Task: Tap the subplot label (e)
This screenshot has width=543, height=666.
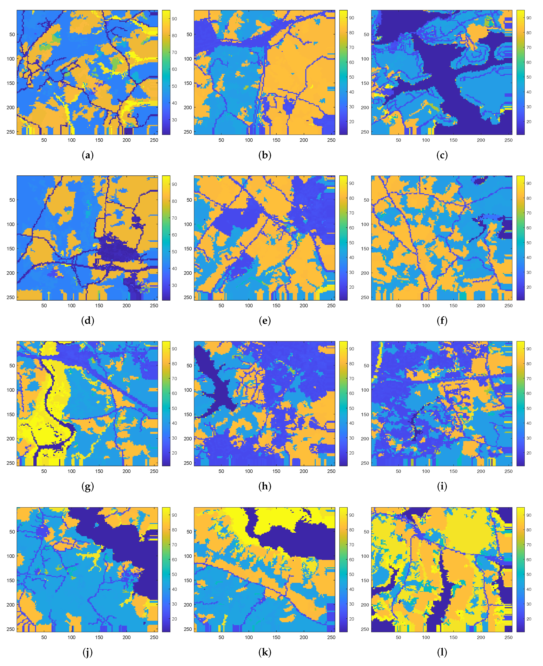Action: point(265,321)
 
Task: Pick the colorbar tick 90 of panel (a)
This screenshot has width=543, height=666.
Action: point(174,19)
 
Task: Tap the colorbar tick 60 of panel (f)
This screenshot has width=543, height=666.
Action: point(529,228)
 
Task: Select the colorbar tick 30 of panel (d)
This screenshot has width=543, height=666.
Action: point(174,285)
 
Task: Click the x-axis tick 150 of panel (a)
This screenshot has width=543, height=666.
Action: point(99,140)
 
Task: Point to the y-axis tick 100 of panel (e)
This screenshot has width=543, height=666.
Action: point(188,224)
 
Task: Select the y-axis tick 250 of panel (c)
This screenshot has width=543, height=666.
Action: point(365,132)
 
